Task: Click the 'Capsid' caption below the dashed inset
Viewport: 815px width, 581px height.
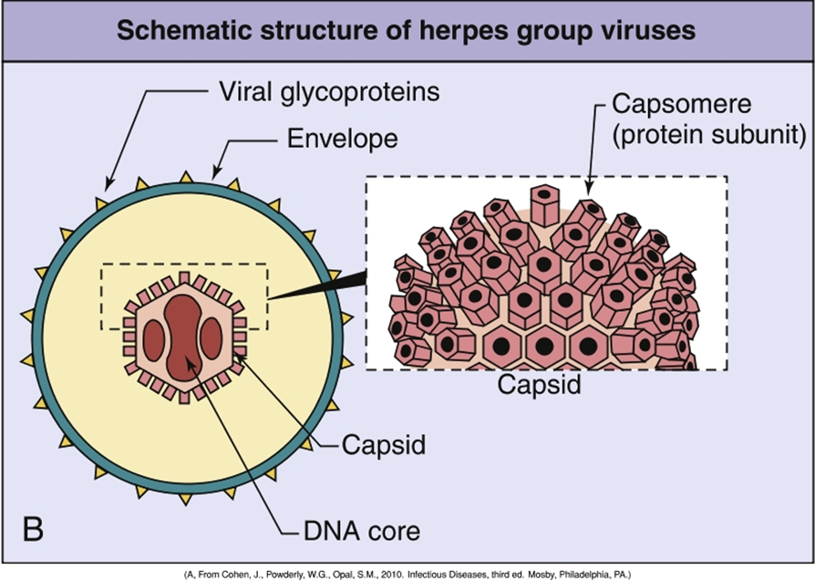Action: [x=539, y=385]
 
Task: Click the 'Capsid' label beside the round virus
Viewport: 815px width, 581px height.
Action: [x=384, y=446]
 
